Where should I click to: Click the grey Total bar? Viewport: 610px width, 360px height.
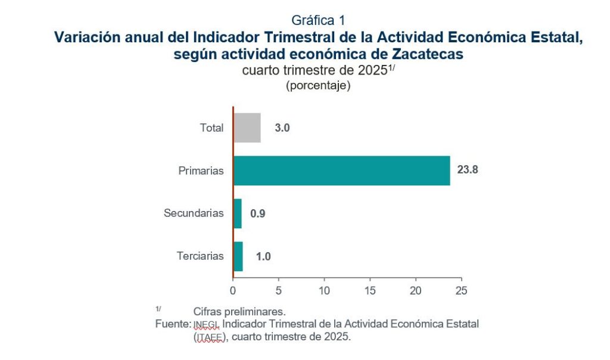click(247, 128)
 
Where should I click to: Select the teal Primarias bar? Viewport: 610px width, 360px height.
click(341, 170)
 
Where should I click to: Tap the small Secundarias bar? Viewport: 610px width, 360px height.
click(237, 213)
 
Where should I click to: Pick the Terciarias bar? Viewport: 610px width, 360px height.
click(238, 256)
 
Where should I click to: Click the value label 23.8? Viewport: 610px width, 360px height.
click(468, 170)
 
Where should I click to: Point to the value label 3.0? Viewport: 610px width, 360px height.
click(282, 128)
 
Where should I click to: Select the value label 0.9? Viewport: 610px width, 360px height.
click(257, 213)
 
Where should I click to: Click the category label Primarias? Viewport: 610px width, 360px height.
click(201, 171)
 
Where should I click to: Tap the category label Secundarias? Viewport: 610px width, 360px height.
click(194, 213)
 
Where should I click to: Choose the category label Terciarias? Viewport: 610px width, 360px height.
click(200, 256)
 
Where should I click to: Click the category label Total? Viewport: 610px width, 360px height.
click(211, 128)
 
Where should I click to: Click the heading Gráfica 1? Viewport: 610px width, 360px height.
click(318, 20)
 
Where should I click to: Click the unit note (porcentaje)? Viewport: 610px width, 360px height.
click(318, 85)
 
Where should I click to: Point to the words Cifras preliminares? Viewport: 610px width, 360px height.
click(239, 312)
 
